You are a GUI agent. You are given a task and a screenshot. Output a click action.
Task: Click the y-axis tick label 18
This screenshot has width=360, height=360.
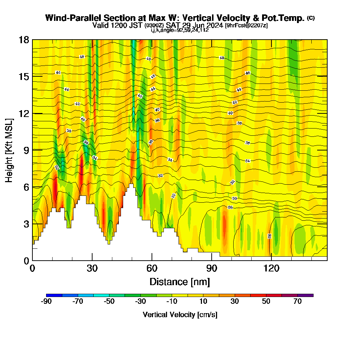tap(24, 40)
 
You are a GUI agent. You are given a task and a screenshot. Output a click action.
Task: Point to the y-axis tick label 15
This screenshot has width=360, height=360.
tap(24, 77)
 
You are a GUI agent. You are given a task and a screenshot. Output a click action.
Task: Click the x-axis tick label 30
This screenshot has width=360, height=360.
tap(92, 268)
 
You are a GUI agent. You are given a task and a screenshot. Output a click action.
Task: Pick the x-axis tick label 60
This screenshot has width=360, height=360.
tap(152, 268)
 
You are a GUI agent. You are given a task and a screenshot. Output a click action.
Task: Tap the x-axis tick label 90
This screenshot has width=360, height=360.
tap(212, 268)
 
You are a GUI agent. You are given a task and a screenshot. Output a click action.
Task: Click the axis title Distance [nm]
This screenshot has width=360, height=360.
tap(180, 282)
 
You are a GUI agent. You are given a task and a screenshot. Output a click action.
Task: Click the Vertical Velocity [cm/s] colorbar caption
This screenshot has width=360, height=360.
tap(180, 315)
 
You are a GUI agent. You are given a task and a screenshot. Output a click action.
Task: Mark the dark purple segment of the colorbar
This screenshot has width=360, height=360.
tap(305, 295)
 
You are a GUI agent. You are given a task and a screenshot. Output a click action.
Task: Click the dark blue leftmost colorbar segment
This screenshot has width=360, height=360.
tap(54, 295)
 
